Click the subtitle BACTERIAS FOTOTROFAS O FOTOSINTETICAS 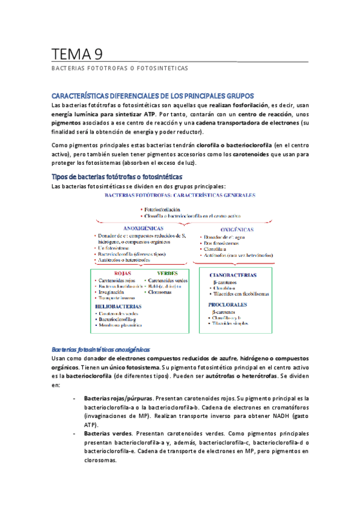120,69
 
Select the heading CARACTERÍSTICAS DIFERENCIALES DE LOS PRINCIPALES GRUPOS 153,96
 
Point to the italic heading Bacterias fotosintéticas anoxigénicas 101,349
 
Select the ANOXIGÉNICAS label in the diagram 147,229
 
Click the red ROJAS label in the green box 106,273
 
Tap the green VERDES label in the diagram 159,273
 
